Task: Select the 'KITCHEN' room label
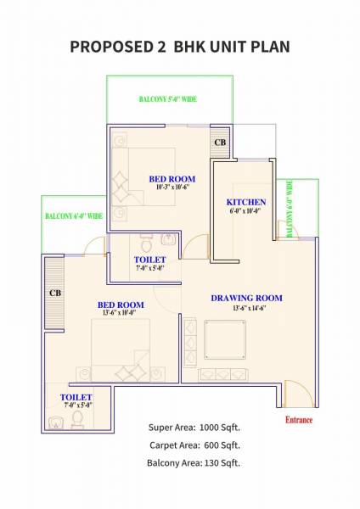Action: pos(246,202)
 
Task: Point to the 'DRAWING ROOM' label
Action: pos(246,298)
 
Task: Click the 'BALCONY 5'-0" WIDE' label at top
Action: pos(168,99)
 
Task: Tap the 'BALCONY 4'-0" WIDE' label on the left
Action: pos(73,216)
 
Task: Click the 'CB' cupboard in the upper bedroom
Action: pos(219,142)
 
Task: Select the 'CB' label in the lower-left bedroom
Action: pos(55,293)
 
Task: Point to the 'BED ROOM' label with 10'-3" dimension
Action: pos(172,179)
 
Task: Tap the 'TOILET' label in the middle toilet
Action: pos(149,259)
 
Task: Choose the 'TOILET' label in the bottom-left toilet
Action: pos(76,397)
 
